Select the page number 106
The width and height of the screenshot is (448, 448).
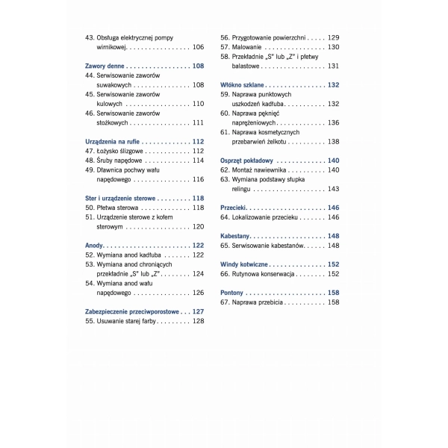[198, 47]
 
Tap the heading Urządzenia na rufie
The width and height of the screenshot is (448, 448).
[113, 141]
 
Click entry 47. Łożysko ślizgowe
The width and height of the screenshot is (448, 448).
[119, 151]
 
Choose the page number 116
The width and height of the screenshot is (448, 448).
[198, 179]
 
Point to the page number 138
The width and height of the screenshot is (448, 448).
[334, 141]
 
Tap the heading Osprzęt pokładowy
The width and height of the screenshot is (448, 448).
[247, 161]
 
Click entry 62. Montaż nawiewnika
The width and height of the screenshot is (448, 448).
[258, 170]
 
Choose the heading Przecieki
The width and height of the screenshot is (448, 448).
[234, 208]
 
